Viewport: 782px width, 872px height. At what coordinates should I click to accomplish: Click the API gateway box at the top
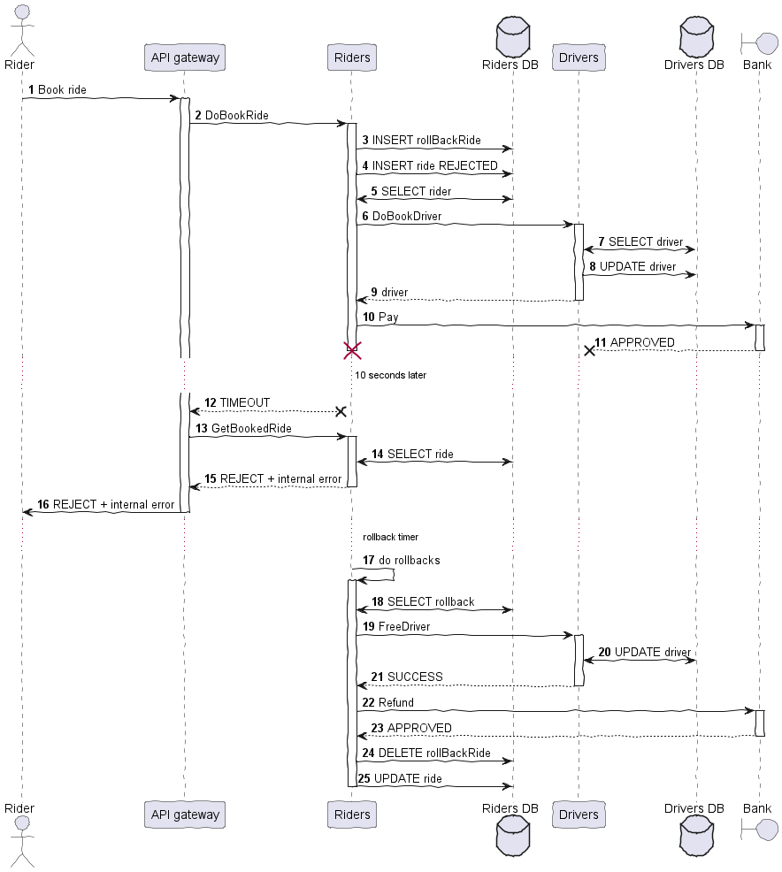click(x=185, y=57)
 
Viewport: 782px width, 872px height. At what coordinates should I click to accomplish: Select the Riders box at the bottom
click(x=352, y=815)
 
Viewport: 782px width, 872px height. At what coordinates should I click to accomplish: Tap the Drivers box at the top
click(x=579, y=57)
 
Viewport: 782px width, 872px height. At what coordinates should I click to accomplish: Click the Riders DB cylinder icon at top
click(x=513, y=37)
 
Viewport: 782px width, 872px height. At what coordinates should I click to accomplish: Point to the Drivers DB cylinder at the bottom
click(x=696, y=836)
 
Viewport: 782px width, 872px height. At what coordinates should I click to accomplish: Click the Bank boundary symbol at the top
click(x=760, y=43)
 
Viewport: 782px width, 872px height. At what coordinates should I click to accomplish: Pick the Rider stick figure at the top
click(x=22, y=31)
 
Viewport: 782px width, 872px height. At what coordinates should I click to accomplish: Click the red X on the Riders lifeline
click(x=352, y=351)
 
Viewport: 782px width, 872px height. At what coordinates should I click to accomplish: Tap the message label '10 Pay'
click(x=380, y=317)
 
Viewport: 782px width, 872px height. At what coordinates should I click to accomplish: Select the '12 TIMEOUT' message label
click(x=237, y=402)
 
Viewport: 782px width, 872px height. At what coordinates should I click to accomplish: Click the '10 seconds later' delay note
click(x=390, y=375)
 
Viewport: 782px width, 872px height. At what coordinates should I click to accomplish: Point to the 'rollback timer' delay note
click(x=390, y=537)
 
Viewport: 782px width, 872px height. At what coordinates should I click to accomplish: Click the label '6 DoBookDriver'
click(x=402, y=216)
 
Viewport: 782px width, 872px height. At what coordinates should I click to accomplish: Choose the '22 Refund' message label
click(x=387, y=702)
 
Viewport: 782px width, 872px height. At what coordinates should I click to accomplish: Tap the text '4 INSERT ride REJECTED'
click(x=430, y=165)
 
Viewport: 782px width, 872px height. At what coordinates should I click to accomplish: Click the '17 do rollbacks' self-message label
click(x=401, y=560)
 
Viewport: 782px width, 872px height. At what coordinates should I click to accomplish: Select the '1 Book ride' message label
click(x=57, y=89)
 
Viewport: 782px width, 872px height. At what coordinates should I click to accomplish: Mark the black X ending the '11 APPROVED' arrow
click(x=589, y=350)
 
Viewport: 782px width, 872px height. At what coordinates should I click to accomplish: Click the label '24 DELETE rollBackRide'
click(x=426, y=753)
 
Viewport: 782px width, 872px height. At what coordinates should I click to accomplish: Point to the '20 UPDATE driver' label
click(x=644, y=652)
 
